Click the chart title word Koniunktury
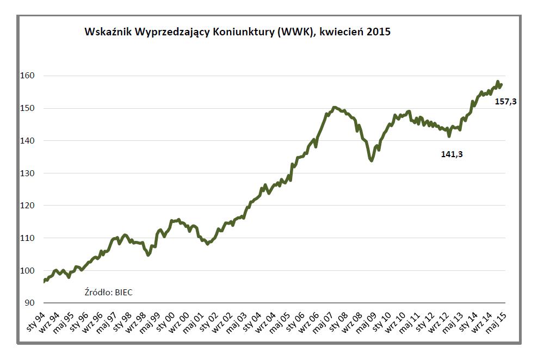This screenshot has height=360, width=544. (245, 32)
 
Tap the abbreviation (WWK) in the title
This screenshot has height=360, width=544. (295, 32)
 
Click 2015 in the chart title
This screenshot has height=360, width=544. (379, 32)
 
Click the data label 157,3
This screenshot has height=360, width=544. (505, 101)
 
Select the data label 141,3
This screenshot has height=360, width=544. (452, 154)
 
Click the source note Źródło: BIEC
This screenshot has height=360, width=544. (109, 292)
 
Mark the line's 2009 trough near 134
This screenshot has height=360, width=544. (372, 160)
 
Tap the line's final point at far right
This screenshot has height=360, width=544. (502, 84)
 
